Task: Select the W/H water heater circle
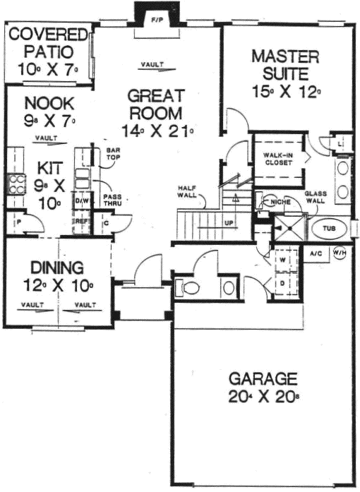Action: [x=340, y=253]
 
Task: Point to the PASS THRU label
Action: [x=112, y=200]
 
